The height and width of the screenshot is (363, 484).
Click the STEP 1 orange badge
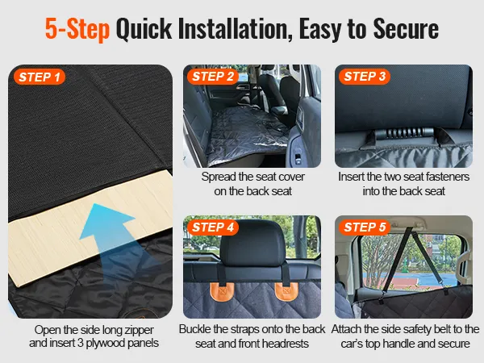click(40, 77)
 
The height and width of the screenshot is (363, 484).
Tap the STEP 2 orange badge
click(213, 77)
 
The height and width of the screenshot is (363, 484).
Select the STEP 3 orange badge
click(365, 77)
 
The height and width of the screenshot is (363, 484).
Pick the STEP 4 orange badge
click(213, 227)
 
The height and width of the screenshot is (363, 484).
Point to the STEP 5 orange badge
click(365, 227)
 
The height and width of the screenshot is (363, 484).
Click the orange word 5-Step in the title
click(77, 29)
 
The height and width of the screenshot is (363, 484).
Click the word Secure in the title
click(406, 29)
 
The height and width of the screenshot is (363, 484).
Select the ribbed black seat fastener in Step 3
click(404, 133)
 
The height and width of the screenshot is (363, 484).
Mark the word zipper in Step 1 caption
click(139, 330)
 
